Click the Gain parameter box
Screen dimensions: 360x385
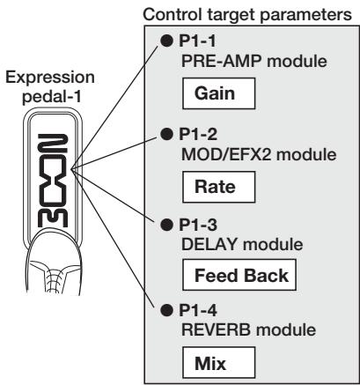tap(219, 93)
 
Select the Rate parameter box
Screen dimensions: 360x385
tap(219, 187)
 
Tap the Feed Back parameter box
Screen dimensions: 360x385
tap(239, 275)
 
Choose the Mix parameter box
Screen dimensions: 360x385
tap(219, 363)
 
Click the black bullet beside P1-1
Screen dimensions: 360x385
tap(167, 41)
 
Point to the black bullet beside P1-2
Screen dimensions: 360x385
tap(167, 134)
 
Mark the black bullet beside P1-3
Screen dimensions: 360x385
tap(167, 225)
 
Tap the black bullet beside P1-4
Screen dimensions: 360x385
tap(167, 310)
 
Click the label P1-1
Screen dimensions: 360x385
tap(197, 41)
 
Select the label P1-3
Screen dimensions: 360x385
tap(198, 225)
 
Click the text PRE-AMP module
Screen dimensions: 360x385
tap(254, 61)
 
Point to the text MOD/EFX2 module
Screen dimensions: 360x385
tap(259, 154)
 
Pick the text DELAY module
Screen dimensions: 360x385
tap(242, 244)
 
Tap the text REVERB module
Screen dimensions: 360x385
tap(248, 329)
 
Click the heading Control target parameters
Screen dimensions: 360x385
tap(247, 14)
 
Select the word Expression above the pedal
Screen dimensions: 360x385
tap(50, 78)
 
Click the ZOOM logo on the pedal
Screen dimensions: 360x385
tap(53, 181)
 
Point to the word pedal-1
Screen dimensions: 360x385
tap(51, 97)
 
